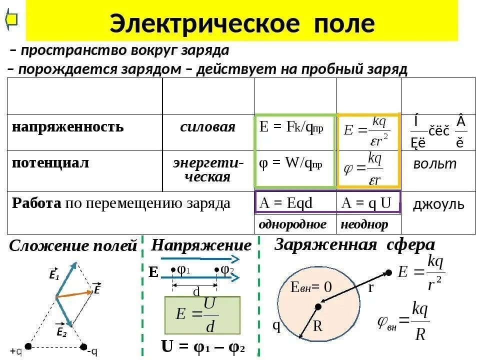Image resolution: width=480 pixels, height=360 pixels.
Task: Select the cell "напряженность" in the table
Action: coord(68,127)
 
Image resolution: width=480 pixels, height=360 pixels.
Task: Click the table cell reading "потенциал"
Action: coord(51,163)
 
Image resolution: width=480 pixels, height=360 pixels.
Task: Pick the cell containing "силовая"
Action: coord(207,127)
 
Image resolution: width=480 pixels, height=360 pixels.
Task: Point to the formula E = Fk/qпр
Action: coord(291,127)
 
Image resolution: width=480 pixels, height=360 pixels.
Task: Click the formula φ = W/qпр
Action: coord(290,163)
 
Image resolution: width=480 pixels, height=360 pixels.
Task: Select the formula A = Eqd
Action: coord(285,203)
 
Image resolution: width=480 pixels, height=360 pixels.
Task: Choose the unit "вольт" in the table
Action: coord(434,164)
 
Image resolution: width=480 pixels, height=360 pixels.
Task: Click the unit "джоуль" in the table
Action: coord(438,204)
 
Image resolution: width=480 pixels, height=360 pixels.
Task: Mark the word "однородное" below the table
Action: coord(292,224)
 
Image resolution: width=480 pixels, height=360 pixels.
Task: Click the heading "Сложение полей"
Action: coord(73,246)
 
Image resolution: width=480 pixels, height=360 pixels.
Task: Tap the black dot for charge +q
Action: coord(28,346)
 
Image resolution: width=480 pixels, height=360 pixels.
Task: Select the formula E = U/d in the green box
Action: coord(202,315)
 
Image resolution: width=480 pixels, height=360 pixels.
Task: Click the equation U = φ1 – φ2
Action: coord(202,347)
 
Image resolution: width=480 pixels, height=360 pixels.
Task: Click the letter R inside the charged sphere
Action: coord(317,326)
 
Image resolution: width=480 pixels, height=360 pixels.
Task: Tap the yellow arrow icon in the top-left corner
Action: coord(11,19)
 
